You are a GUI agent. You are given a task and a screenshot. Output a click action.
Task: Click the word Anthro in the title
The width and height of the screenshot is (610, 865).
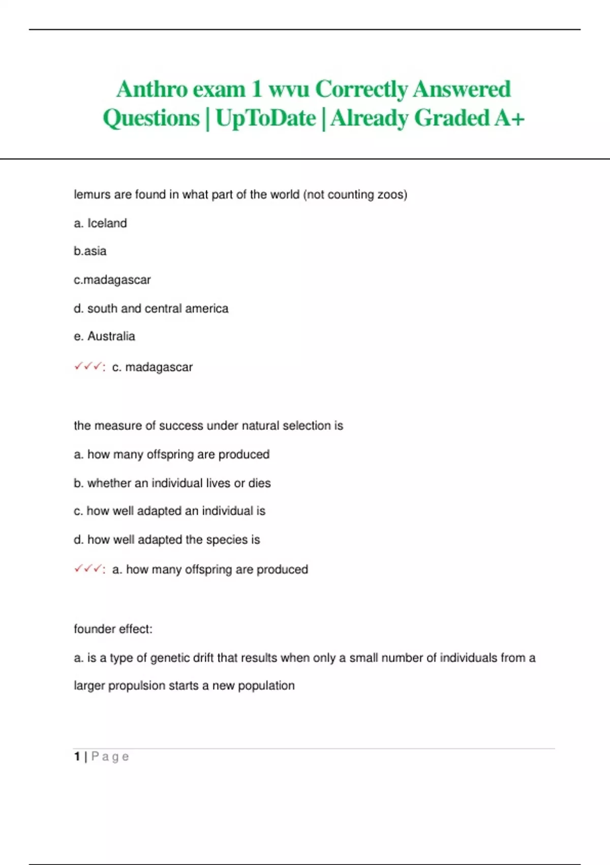[x=152, y=90]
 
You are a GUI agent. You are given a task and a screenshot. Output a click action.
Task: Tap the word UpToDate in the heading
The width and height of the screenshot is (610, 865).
[x=265, y=118]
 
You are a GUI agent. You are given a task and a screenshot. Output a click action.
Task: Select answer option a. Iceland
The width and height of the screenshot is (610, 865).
[x=100, y=223]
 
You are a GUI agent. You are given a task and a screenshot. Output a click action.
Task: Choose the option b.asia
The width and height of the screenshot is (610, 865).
[x=90, y=251]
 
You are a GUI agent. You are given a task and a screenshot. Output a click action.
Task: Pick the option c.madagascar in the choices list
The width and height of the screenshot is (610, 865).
[x=112, y=279]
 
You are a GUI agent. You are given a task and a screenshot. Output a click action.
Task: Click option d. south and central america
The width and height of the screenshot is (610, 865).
[x=151, y=308]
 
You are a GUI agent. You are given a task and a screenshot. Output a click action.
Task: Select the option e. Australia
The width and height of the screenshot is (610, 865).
[x=104, y=336]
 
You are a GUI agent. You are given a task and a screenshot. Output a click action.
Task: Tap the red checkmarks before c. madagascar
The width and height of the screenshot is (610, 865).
[x=88, y=366]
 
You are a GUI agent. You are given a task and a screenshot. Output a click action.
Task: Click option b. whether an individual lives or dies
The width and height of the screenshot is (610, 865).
[x=172, y=483]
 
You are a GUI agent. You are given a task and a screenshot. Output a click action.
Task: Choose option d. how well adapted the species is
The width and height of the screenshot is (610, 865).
[x=167, y=539]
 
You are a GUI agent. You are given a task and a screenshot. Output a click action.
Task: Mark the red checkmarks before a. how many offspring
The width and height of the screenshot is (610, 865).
[x=88, y=569]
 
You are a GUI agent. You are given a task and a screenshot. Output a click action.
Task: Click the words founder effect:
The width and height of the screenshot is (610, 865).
[x=113, y=629]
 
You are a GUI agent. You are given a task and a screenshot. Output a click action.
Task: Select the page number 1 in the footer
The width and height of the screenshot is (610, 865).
[x=77, y=757]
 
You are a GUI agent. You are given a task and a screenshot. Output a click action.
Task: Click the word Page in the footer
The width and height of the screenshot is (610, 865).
[x=110, y=757]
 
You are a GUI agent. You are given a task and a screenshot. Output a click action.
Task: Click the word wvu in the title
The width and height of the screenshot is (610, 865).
[x=288, y=90]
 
